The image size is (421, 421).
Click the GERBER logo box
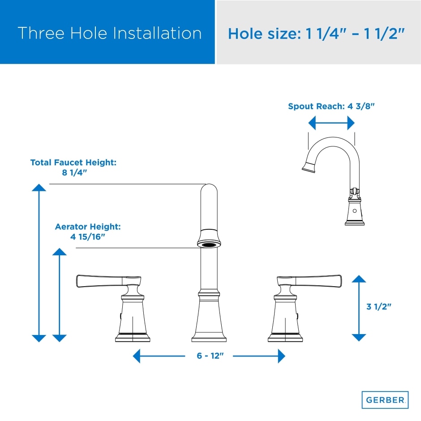(x=385, y=400)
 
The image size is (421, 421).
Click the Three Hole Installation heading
(x=110, y=33)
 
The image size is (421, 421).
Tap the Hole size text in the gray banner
(x=316, y=34)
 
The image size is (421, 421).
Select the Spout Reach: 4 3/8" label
(x=331, y=106)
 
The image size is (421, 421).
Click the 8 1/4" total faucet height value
(x=74, y=172)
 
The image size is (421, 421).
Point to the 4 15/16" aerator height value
(x=87, y=237)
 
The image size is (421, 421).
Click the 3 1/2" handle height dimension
(x=379, y=307)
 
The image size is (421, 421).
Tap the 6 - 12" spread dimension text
(x=210, y=356)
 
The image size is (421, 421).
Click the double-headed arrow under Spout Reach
(x=331, y=123)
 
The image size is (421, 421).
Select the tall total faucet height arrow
(x=39, y=263)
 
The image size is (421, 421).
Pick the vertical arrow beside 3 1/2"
(x=359, y=308)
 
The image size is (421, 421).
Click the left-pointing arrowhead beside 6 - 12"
(x=137, y=356)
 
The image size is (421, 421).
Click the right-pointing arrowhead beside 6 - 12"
(x=281, y=356)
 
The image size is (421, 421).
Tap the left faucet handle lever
(x=108, y=281)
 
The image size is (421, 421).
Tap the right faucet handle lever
(x=309, y=281)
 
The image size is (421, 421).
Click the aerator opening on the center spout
(x=209, y=245)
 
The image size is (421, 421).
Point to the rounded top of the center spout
(x=209, y=188)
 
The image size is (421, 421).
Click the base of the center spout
(x=209, y=339)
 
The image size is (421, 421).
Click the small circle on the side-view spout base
(x=355, y=211)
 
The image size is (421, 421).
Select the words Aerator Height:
(x=88, y=227)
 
